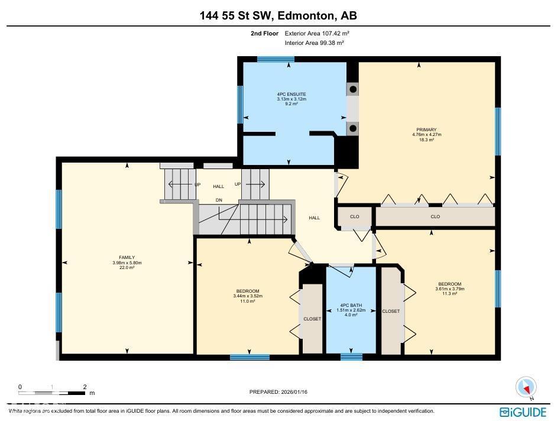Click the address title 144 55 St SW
point(277,16)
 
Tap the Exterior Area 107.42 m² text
point(321,34)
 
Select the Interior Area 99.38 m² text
point(315,43)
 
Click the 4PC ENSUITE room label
point(291,94)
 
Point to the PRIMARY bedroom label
point(426,129)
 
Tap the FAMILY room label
point(127,258)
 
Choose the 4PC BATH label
point(351,306)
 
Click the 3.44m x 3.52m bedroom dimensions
point(248,296)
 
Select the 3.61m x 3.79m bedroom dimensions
point(450,289)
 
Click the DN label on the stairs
point(219,200)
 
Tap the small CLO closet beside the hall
point(354,216)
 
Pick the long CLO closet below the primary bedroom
point(435,216)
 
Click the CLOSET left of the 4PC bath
point(312,319)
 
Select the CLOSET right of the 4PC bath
point(391,311)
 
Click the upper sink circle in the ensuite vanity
point(352,89)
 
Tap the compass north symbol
point(526,387)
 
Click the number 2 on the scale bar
point(85,387)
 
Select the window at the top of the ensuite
point(276,59)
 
